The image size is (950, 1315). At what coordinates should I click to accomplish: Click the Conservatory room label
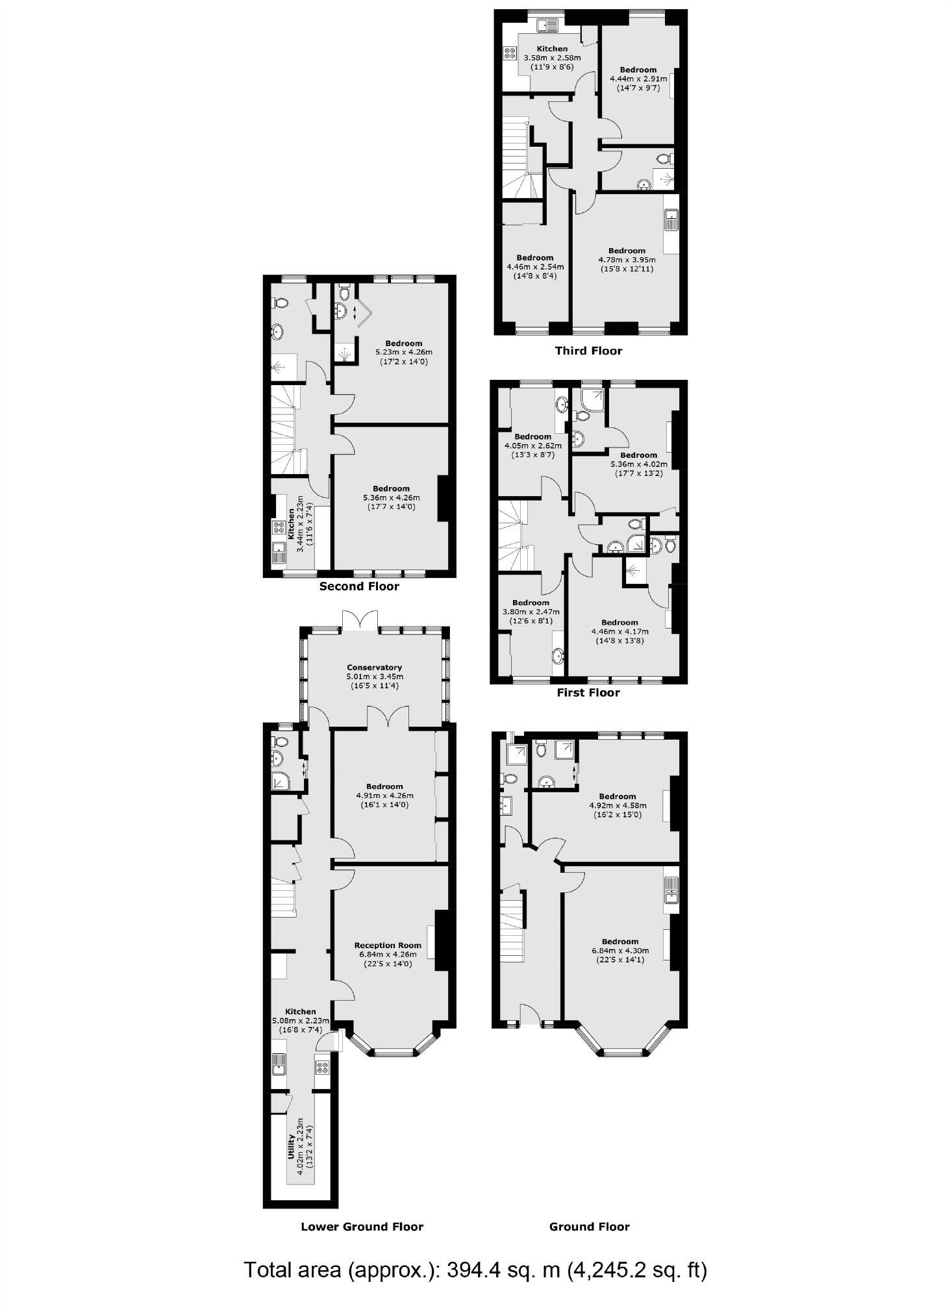click(374, 667)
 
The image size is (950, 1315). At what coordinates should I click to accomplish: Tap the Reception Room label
click(388, 946)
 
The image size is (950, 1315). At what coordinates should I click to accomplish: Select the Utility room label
click(292, 1147)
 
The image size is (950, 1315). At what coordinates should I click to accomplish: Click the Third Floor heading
click(588, 351)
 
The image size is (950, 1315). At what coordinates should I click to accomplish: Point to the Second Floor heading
click(359, 586)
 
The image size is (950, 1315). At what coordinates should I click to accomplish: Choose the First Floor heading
click(588, 692)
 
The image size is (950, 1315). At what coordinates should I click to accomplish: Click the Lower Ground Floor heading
click(362, 1227)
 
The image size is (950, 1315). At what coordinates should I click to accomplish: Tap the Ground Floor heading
click(589, 1227)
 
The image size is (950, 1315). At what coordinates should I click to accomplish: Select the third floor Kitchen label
click(552, 49)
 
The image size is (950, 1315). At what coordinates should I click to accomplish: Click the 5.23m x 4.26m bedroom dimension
click(403, 353)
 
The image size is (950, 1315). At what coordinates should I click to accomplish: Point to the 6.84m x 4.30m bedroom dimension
click(619, 951)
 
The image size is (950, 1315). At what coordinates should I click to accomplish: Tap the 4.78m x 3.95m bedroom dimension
click(627, 260)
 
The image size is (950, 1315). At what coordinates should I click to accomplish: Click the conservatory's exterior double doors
click(360, 620)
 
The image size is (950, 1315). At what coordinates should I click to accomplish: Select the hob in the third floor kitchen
click(508, 54)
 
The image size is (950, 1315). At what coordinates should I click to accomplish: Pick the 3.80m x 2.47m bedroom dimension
click(531, 612)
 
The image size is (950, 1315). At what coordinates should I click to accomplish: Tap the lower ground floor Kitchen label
click(301, 1011)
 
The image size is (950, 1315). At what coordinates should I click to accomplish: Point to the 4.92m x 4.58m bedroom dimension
click(618, 805)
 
